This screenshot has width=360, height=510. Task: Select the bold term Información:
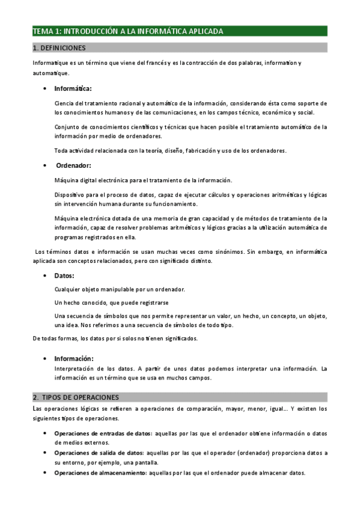pyautogui.click(x=74, y=358)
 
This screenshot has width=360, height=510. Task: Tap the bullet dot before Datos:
pyautogui.click(x=46, y=276)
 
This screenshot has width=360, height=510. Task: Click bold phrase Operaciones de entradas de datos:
pyautogui.click(x=102, y=433)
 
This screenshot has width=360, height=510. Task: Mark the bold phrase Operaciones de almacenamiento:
pyautogui.click(x=100, y=473)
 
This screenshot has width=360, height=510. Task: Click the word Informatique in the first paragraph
pyautogui.click(x=50, y=63)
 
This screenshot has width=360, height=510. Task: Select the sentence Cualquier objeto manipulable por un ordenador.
pyautogui.click(x=119, y=289)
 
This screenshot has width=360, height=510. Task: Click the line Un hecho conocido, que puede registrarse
pyautogui.click(x=111, y=302)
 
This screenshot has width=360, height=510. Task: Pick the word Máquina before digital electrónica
pyautogui.click(x=65, y=180)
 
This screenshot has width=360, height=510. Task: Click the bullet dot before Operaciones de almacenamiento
pyautogui.click(x=46, y=473)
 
